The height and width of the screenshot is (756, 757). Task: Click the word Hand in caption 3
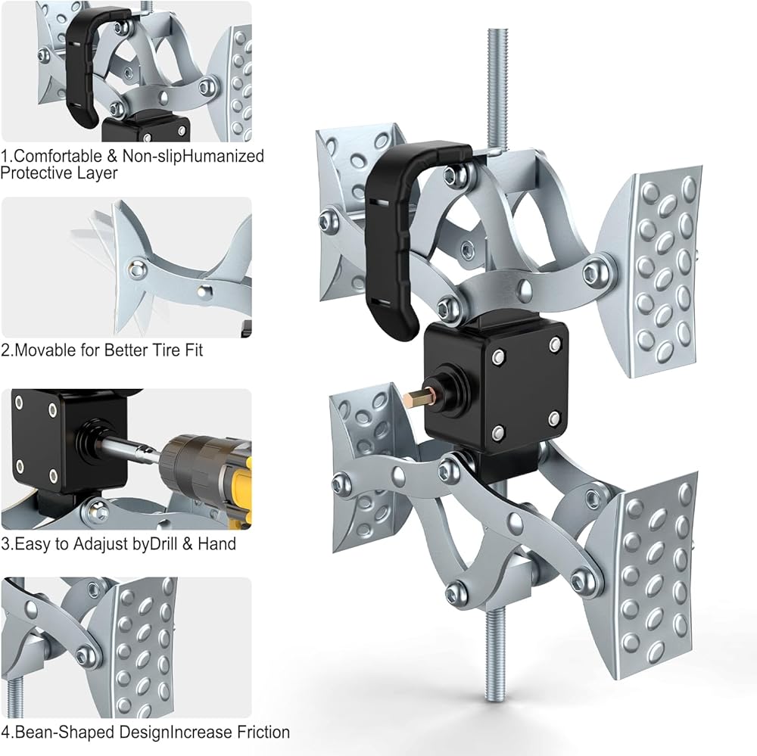pos(217,543)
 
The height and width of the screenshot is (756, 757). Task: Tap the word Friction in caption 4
pos(263,733)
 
